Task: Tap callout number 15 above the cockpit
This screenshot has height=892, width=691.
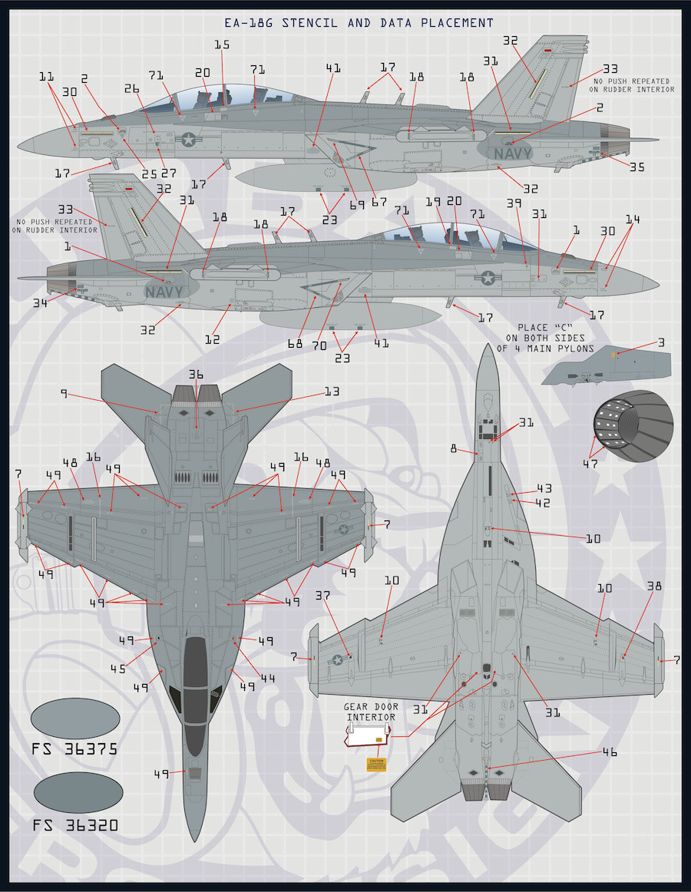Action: click(x=222, y=45)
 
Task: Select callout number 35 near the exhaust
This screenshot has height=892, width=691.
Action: click(x=637, y=167)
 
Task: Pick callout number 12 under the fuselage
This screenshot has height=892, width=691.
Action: click(x=213, y=339)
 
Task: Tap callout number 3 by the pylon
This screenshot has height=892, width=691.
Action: click(x=661, y=342)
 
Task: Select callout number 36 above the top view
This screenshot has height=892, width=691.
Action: click(x=196, y=375)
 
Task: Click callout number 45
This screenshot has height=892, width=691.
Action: click(x=117, y=669)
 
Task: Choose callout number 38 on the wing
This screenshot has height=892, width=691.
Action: click(x=654, y=586)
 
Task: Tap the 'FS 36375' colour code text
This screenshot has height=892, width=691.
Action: click(x=74, y=749)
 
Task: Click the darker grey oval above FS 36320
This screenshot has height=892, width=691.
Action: click(x=76, y=795)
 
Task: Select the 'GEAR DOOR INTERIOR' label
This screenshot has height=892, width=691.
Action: click(x=369, y=712)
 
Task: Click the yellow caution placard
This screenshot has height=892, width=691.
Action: click(x=375, y=765)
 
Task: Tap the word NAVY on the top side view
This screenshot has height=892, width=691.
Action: click(x=512, y=154)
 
